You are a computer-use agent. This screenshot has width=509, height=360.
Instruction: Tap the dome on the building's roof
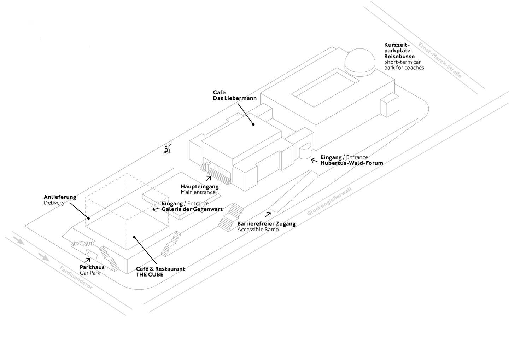[360, 62]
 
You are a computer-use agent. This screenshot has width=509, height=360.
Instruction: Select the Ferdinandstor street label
[76, 278]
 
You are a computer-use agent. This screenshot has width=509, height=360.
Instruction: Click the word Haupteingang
[200, 186]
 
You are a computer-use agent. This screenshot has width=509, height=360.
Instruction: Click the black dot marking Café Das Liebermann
[253, 124]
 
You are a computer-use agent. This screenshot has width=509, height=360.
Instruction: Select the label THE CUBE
[150, 274]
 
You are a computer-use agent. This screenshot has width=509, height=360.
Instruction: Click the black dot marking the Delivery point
[88, 218]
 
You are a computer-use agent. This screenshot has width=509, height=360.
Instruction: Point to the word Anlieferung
[60, 197]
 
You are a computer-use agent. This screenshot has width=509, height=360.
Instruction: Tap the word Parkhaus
[92, 267]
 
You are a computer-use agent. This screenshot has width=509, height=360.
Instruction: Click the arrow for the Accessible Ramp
[268, 214]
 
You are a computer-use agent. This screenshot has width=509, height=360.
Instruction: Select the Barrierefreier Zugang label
[266, 224]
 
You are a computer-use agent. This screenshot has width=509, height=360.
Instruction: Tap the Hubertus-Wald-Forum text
[352, 163]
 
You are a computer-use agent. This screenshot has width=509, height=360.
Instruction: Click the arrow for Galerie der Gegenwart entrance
[155, 209]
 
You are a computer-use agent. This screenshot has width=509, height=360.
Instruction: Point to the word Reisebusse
[399, 56]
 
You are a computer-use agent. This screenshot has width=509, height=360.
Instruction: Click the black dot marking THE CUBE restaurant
[134, 237]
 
